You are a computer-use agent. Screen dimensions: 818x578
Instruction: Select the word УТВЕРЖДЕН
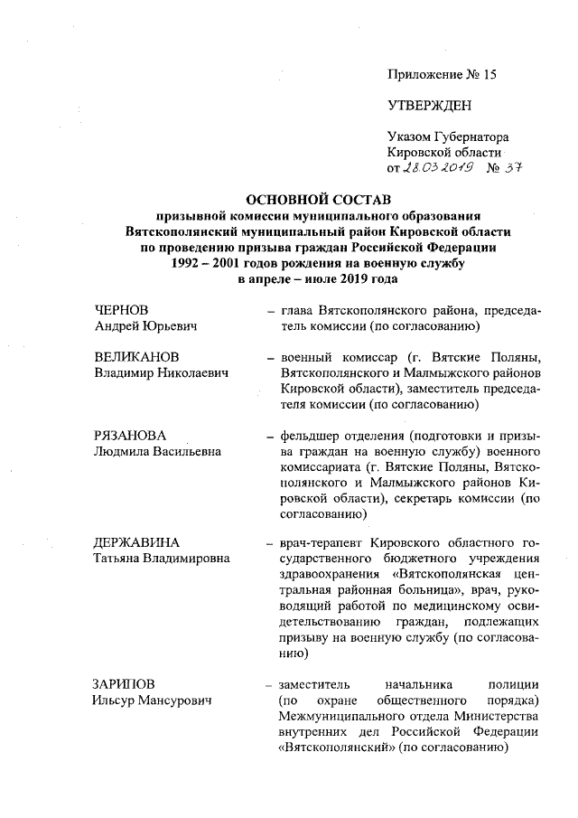point(429,106)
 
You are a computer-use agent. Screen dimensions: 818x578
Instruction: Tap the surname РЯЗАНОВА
point(131,435)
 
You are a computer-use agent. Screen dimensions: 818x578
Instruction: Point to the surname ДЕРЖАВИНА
point(136,543)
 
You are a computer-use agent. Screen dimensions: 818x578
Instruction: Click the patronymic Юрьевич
point(173,325)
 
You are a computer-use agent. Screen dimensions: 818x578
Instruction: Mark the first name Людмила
point(125,450)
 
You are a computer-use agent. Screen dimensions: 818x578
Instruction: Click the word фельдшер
point(312,435)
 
